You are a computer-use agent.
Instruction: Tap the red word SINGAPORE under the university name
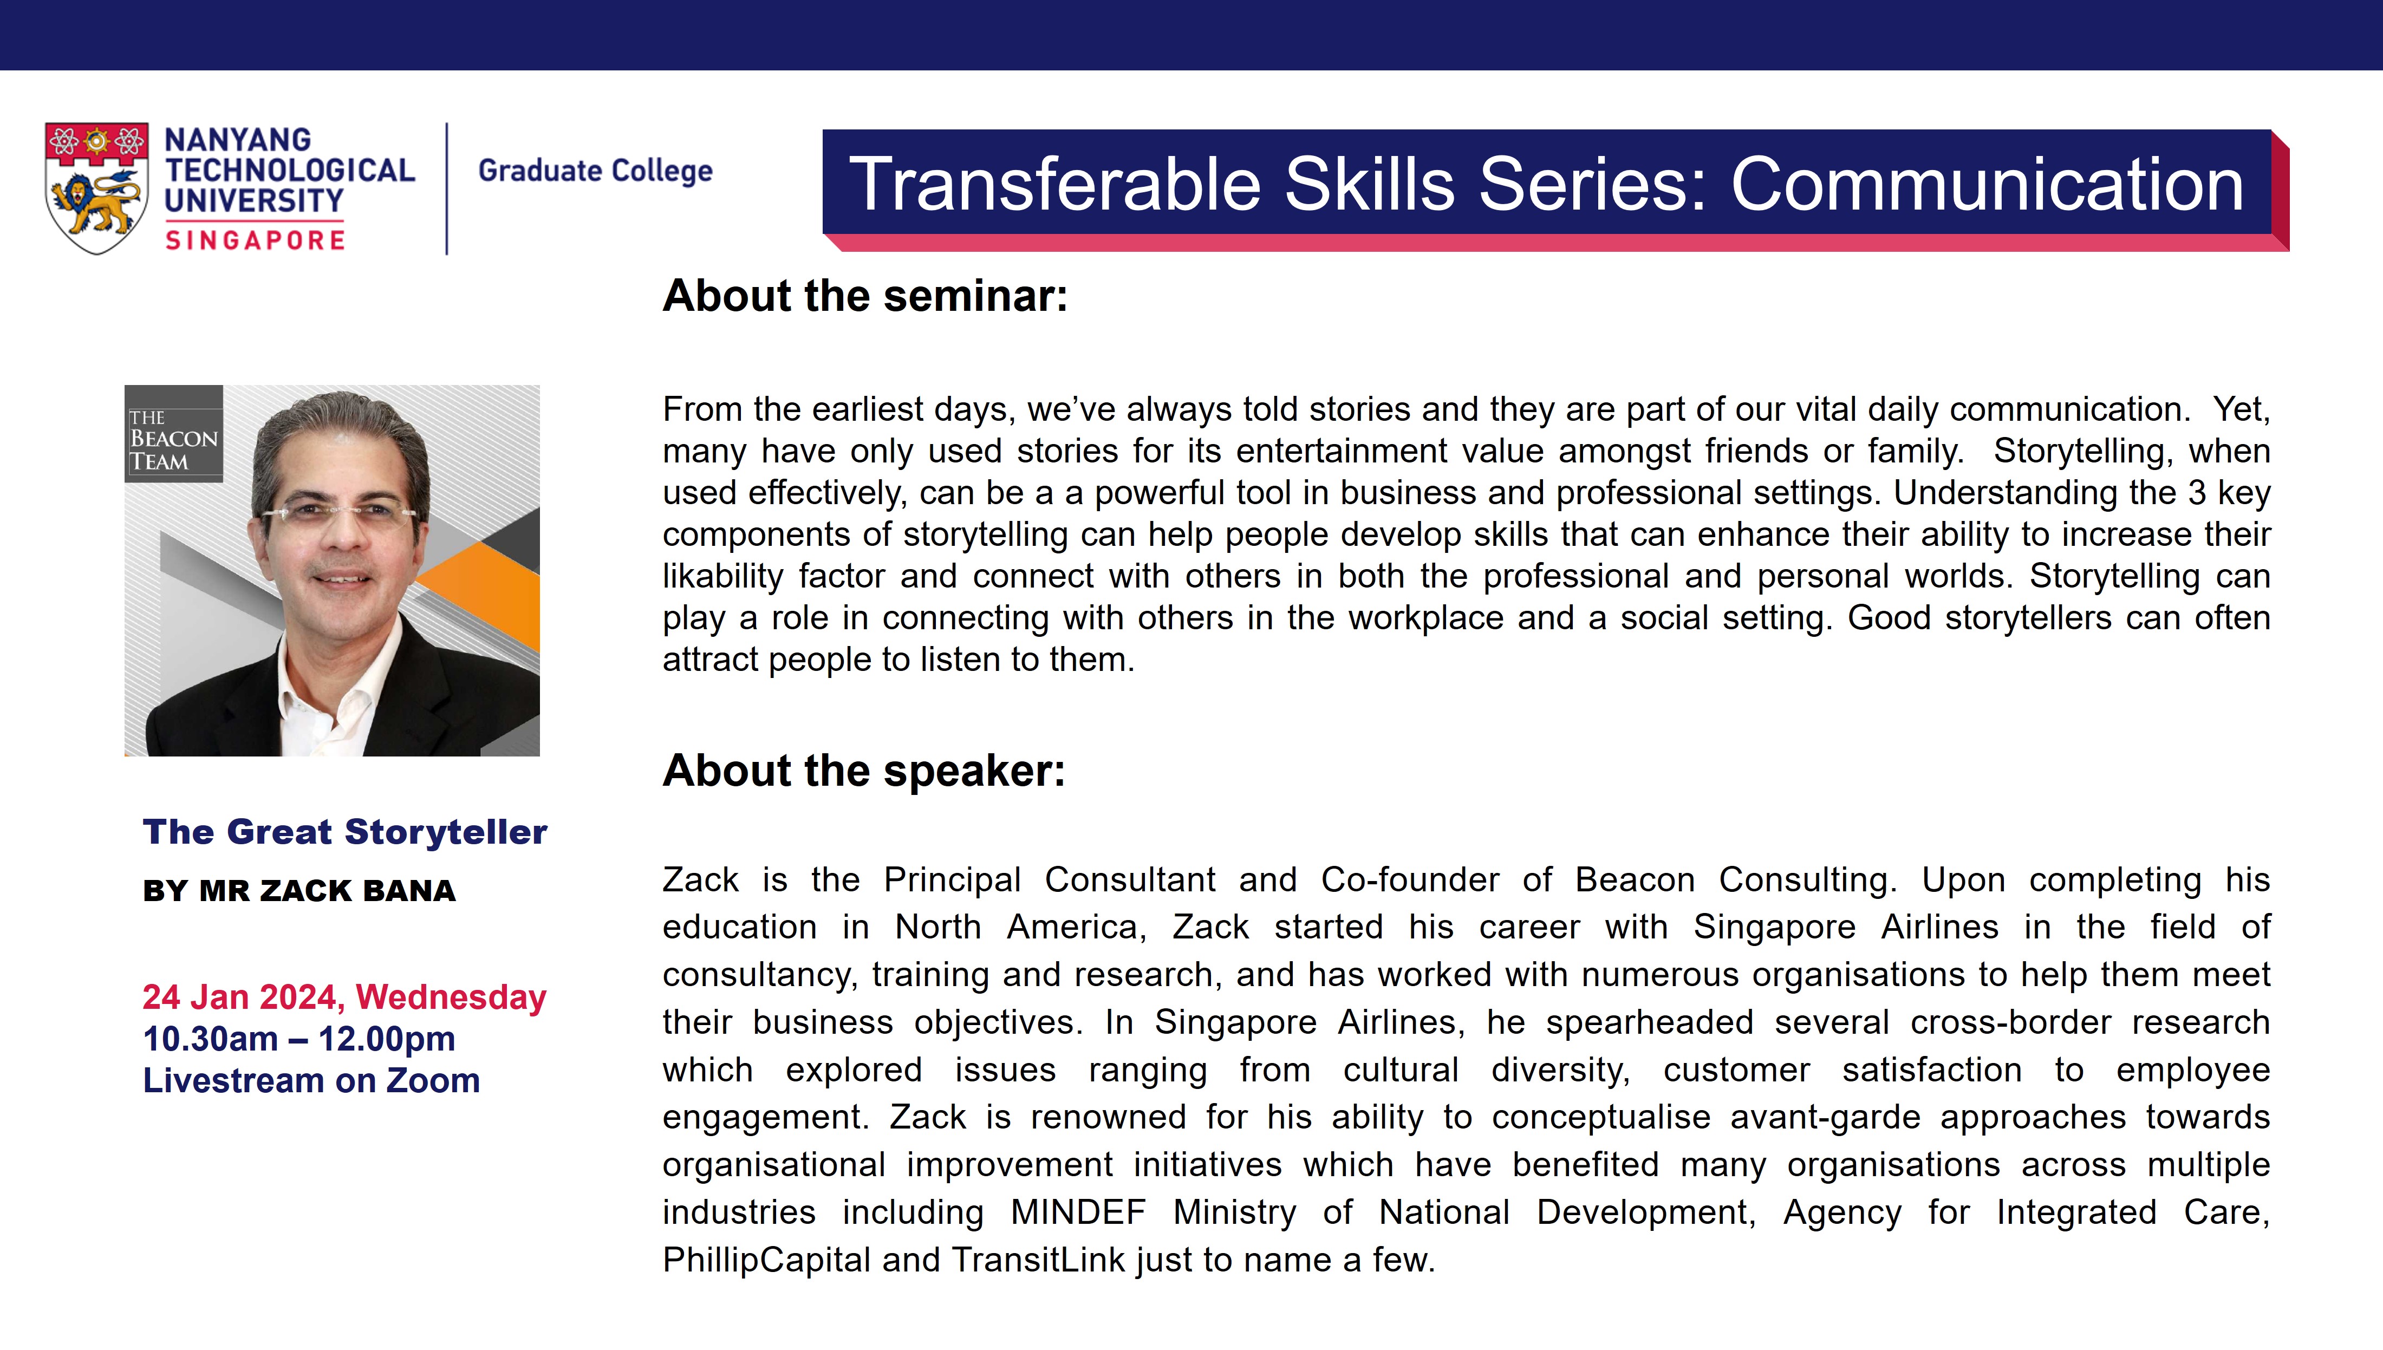(255, 240)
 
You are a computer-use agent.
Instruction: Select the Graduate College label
(595, 171)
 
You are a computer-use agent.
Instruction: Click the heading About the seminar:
(865, 296)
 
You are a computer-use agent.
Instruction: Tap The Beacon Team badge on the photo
(173, 434)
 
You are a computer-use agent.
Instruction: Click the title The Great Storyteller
(345, 832)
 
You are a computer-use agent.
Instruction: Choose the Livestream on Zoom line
(311, 1081)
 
